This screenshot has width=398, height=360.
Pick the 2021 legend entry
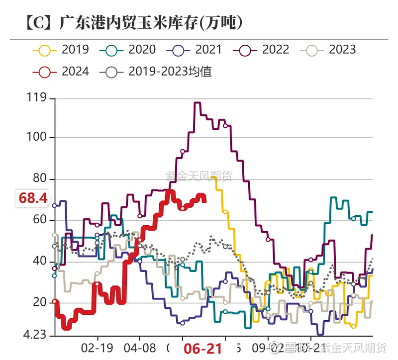(194, 50)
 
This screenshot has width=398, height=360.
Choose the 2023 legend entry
(328, 50)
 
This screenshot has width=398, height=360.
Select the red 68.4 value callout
(33, 198)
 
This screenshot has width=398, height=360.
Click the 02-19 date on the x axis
(97, 347)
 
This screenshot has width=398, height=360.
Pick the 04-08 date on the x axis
(140, 347)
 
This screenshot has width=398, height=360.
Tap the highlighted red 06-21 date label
(202, 349)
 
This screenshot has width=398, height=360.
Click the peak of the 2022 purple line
(197, 103)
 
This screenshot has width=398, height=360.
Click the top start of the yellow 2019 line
(213, 177)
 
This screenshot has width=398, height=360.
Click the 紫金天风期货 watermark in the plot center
(199, 176)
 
